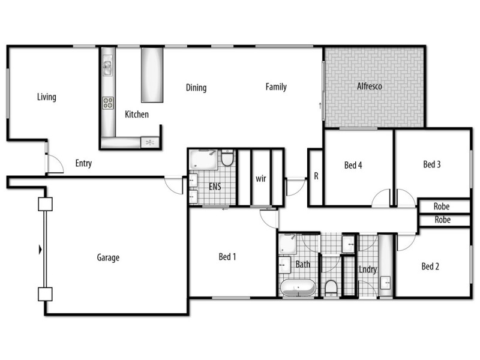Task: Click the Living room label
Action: pyautogui.click(x=46, y=97)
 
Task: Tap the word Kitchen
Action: pyautogui.click(x=137, y=114)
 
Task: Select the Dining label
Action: pyautogui.click(x=196, y=88)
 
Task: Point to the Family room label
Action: pyautogui.click(x=276, y=87)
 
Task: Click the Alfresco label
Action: pyautogui.click(x=370, y=86)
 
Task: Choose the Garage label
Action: pyautogui.click(x=108, y=258)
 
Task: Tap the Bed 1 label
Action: pyautogui.click(x=227, y=257)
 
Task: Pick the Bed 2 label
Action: pyautogui.click(x=430, y=266)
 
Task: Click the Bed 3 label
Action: pyautogui.click(x=432, y=164)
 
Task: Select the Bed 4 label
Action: pyautogui.click(x=353, y=165)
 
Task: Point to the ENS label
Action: pyautogui.click(x=215, y=187)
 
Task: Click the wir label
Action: pyautogui.click(x=260, y=179)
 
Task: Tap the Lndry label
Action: pyautogui.click(x=368, y=269)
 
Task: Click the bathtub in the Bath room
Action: pyautogui.click(x=298, y=287)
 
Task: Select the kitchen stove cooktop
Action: pyautogui.click(x=109, y=103)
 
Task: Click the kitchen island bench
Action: pyautogui.click(x=151, y=75)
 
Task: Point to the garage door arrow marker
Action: pyautogui.click(x=40, y=249)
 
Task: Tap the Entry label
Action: pyautogui.click(x=83, y=163)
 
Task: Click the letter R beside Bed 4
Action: pyautogui.click(x=316, y=176)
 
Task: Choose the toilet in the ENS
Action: pyautogui.click(x=227, y=159)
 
